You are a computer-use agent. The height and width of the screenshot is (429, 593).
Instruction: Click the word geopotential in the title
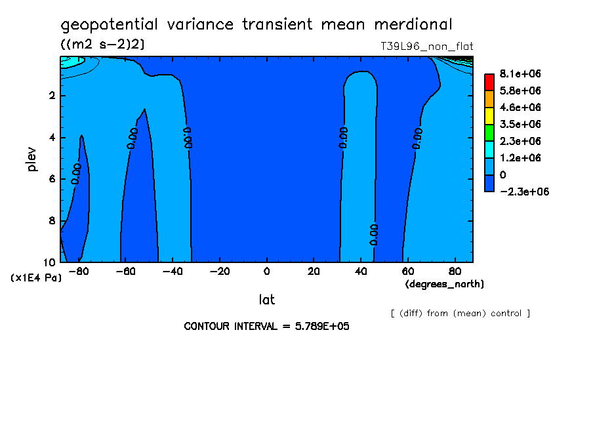coord(110,25)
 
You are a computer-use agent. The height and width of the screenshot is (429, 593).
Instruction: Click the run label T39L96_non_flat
coord(426,47)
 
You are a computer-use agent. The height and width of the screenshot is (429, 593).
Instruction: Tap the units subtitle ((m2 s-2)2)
coord(102,45)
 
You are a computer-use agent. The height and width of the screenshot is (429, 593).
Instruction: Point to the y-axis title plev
coord(31,159)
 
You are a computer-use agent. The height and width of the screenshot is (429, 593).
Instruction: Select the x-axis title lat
coord(266,300)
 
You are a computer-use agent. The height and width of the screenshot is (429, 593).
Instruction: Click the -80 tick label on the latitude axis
coord(79,272)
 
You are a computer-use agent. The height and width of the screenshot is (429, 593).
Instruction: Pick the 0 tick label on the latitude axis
coord(266,272)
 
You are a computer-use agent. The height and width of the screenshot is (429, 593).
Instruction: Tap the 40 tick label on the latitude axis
coord(361,272)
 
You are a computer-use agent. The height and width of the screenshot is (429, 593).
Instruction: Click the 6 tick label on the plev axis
coord(52,178)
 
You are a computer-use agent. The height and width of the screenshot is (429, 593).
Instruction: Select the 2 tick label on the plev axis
coord(52,95)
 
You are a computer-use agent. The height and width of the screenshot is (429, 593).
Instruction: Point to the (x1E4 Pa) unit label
coord(36,278)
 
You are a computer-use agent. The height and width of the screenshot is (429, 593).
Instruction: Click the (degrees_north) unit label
coord(444,284)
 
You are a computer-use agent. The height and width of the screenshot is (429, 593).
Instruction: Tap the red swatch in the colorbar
coord(489,83)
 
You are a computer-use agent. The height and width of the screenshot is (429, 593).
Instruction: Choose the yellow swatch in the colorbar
coord(489,116)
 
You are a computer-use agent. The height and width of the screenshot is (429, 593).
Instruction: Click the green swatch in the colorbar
coord(489,133)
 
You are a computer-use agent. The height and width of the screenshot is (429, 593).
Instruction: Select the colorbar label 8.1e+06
coord(520,73)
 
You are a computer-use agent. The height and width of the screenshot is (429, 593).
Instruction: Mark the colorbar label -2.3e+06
coord(525,192)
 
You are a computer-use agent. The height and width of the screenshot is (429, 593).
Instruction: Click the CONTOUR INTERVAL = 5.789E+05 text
coord(266,326)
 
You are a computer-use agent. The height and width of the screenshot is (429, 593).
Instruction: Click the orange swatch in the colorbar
coord(489,99)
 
